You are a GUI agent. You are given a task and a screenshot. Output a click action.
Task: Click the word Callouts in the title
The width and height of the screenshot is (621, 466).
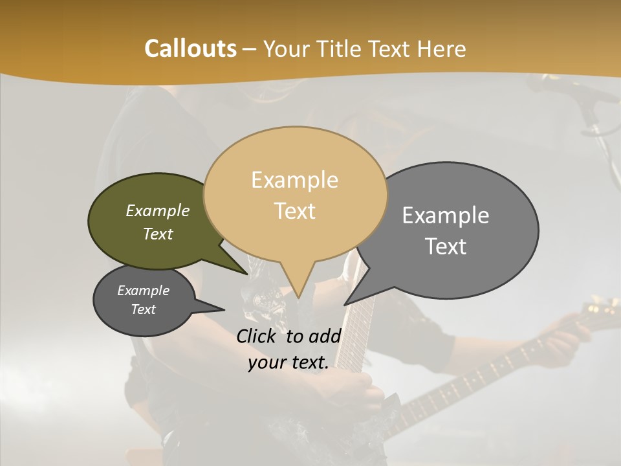click(190, 49)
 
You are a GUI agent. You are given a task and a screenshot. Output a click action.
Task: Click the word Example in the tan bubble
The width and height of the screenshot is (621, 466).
click(294, 180)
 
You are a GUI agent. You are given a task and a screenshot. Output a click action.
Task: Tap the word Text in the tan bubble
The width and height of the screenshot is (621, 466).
click(295, 211)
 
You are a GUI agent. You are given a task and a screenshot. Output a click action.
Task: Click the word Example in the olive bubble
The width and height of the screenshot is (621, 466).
click(157, 211)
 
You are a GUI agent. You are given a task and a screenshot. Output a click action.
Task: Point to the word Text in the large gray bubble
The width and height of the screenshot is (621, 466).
click(446, 247)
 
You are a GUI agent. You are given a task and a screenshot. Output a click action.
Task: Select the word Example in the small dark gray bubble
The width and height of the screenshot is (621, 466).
click(143, 291)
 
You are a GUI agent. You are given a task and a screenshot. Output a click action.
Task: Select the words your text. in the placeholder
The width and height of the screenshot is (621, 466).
click(289, 362)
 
